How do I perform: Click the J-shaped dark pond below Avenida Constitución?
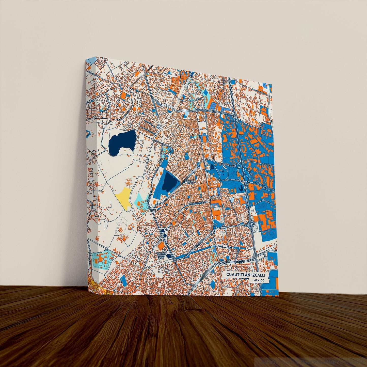click(241, 188)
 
